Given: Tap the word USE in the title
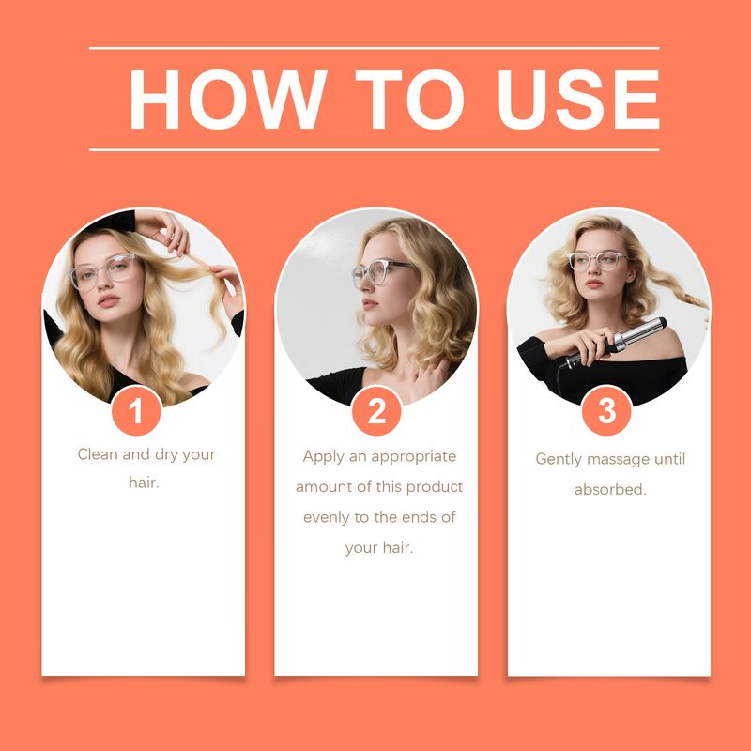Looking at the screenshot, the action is [578, 100].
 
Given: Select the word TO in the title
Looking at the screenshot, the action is [409, 100].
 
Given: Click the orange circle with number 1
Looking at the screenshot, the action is [136, 411].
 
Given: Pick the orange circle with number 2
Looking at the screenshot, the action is [376, 411].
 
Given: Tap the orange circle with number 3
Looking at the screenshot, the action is [606, 411].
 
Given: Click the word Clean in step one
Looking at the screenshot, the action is [98, 454].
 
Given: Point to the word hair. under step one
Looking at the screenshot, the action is [144, 483].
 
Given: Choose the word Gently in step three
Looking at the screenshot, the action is [559, 459].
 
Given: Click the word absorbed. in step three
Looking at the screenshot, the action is [610, 489].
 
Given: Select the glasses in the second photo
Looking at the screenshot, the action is [379, 272].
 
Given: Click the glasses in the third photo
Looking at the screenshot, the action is [597, 262].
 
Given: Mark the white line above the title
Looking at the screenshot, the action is [374, 48].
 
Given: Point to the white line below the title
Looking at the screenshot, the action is [374, 150].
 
